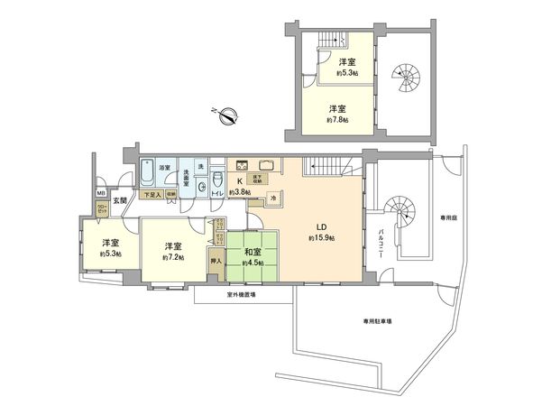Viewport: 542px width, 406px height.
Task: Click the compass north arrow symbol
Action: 229,115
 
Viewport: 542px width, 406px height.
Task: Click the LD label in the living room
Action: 320,226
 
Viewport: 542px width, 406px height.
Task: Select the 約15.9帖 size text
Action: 321,238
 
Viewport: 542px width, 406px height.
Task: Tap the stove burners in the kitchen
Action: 241,165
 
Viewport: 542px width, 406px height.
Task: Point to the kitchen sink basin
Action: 267,165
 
